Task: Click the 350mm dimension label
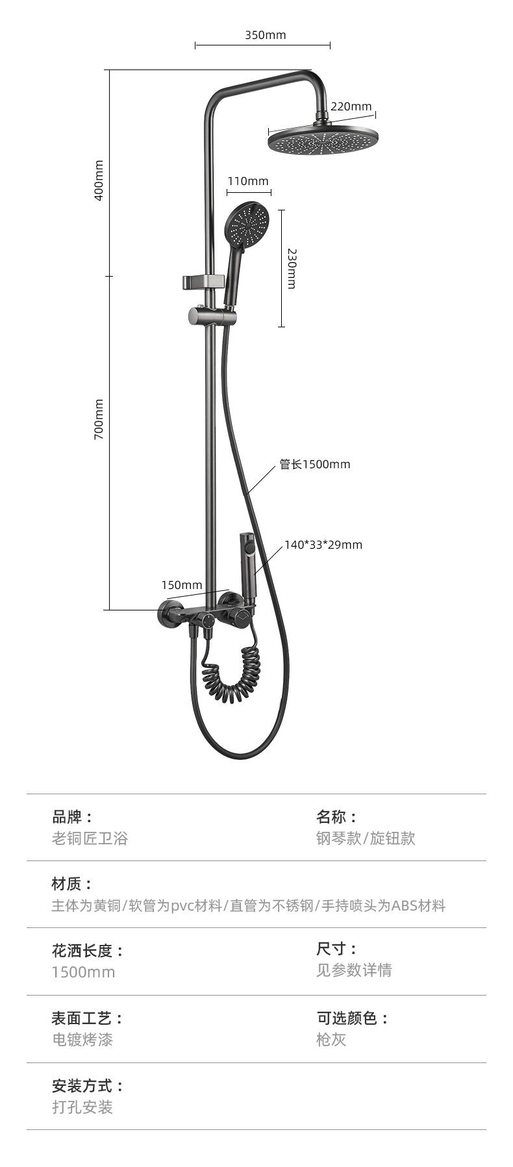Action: click(265, 35)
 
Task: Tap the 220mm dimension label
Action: click(351, 107)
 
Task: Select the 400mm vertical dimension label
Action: click(99, 181)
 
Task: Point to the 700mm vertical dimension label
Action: click(99, 420)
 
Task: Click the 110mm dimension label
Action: click(247, 181)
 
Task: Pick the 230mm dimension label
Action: click(292, 268)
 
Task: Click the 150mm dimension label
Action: click(182, 585)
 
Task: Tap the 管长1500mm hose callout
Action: click(315, 464)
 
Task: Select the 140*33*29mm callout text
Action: click(323, 545)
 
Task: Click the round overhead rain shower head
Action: click(323, 140)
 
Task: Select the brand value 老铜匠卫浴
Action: click(90, 838)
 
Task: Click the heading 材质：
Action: click(73, 884)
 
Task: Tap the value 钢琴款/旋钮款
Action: click(366, 838)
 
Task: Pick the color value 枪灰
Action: click(331, 1040)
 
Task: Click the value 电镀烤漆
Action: click(82, 1040)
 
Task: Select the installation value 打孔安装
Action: click(82, 1107)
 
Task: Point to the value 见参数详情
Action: click(355, 970)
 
